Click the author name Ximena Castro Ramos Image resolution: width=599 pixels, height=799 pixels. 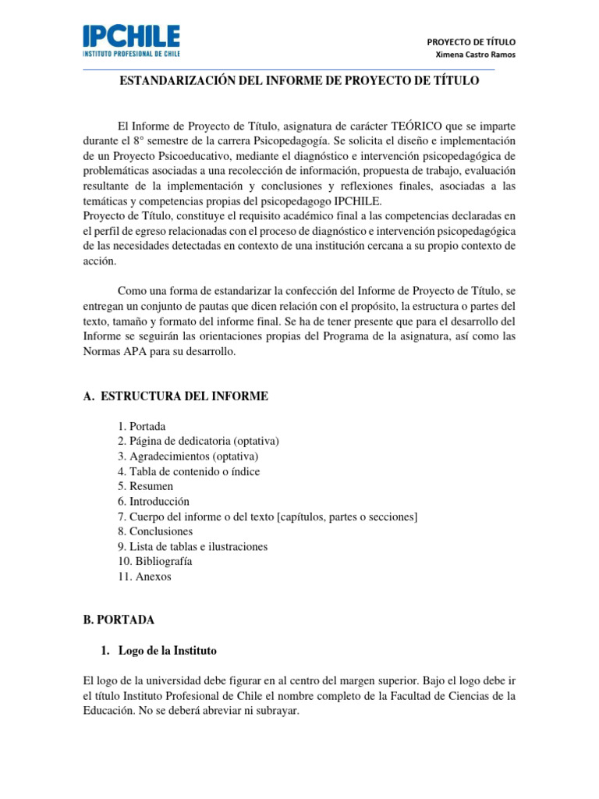click(x=475, y=55)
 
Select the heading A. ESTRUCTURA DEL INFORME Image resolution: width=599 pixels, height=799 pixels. click(x=175, y=396)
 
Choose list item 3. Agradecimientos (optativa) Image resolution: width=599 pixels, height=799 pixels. click(x=188, y=456)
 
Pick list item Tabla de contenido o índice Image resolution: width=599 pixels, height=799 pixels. click(x=189, y=471)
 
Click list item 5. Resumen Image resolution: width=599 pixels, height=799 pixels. click(x=146, y=486)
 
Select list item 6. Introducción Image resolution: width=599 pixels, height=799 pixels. click(x=154, y=501)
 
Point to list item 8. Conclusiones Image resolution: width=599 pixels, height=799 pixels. click(x=155, y=531)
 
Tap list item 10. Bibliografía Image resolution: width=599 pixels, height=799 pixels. click(x=155, y=561)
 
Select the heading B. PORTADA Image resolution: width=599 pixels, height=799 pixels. click(x=119, y=620)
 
